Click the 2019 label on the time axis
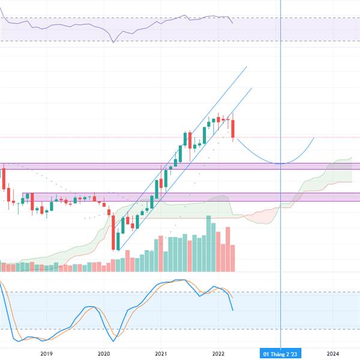(46, 353)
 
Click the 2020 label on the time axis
(104, 353)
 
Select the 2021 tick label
(161, 353)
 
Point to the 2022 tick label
(218, 353)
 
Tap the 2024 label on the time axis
(333, 353)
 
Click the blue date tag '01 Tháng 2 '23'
(280, 354)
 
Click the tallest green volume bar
(208, 244)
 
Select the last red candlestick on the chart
(233, 128)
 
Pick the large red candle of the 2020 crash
(113, 232)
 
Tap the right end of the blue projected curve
(314, 137)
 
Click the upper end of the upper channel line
(247, 67)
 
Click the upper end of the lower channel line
(252, 88)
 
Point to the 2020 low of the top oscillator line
(113, 43)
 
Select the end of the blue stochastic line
(233, 311)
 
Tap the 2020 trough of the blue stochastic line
(113, 341)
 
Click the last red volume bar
(233, 258)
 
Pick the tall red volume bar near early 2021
(161, 254)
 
